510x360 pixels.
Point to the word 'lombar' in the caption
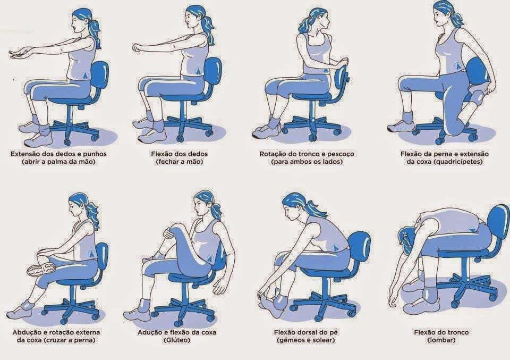441,340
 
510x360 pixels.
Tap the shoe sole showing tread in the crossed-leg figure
41,269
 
